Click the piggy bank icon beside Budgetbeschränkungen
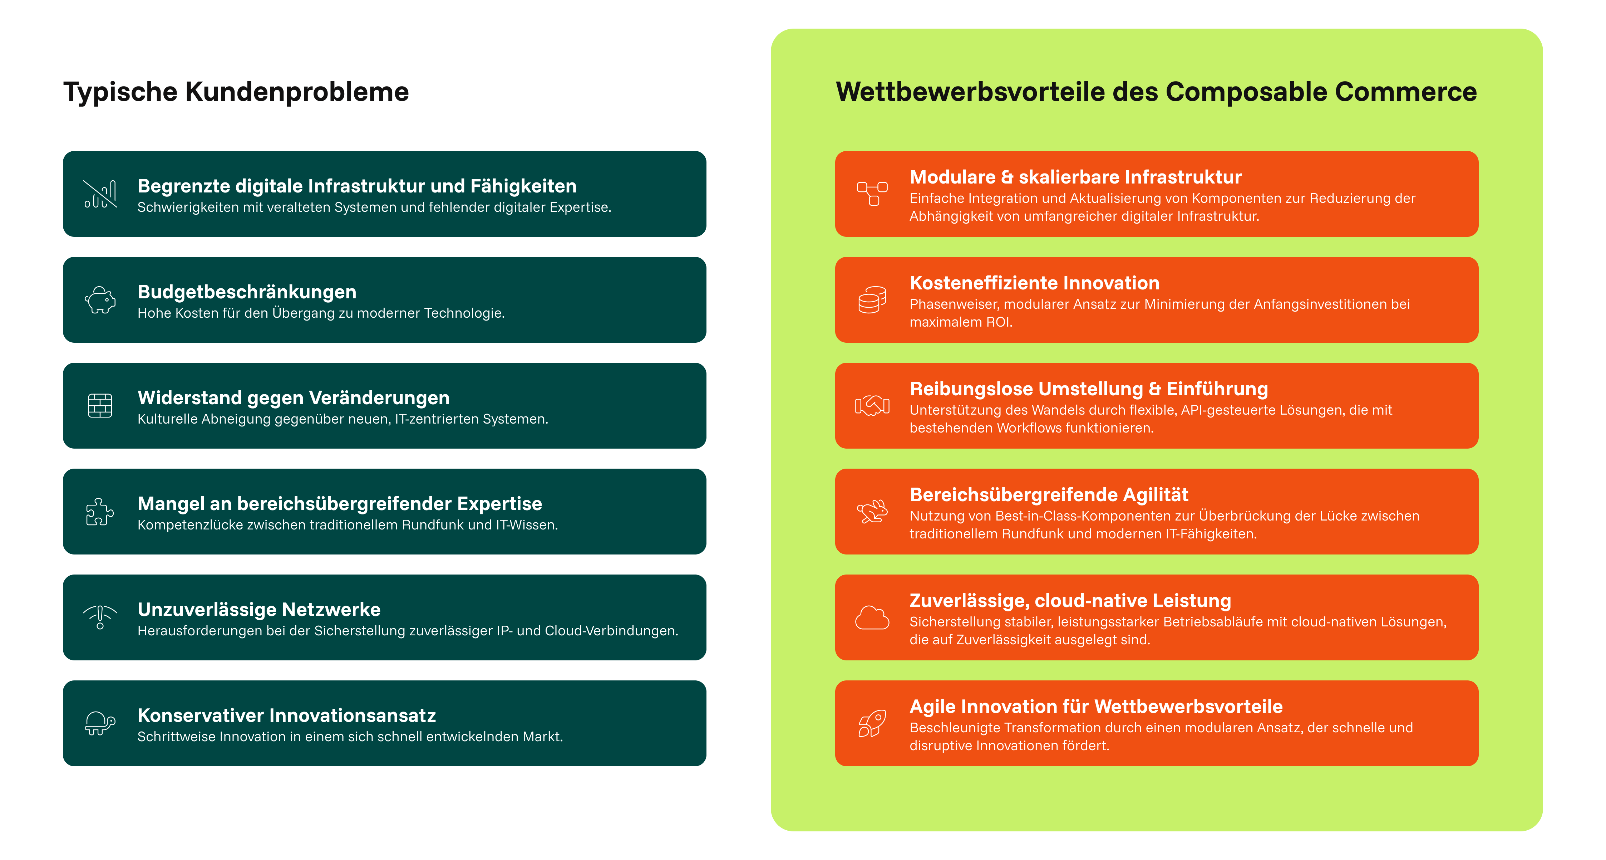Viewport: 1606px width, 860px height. point(100,300)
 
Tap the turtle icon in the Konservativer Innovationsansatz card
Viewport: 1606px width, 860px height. point(100,723)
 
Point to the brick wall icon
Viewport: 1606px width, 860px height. point(100,406)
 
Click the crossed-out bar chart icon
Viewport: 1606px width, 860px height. point(100,194)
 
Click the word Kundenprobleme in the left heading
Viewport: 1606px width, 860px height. point(297,92)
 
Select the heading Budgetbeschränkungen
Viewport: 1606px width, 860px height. point(247,292)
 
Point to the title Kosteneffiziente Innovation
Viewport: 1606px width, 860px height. point(1034,283)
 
